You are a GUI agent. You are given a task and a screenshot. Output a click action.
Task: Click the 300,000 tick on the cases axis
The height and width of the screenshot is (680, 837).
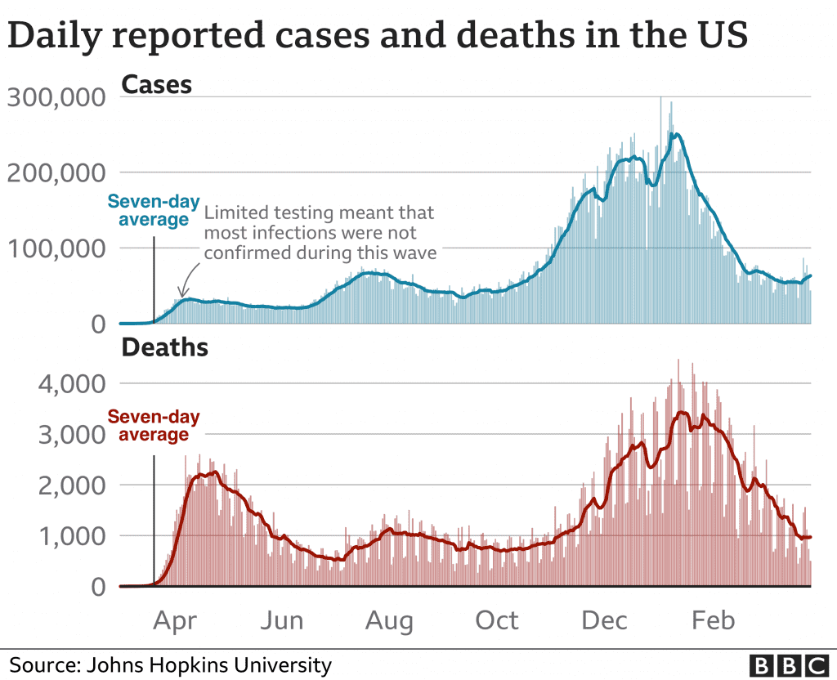[x=56, y=98]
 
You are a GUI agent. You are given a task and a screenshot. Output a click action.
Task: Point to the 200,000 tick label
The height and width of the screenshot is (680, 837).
[x=56, y=173]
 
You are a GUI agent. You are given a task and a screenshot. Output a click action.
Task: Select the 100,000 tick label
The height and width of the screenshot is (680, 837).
[x=56, y=248]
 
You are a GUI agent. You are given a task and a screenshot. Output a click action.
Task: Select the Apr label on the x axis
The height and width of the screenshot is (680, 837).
[x=175, y=620]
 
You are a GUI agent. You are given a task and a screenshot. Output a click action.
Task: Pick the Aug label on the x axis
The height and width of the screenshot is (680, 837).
[x=389, y=620]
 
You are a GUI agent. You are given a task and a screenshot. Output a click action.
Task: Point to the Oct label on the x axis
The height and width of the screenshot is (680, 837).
[x=496, y=620]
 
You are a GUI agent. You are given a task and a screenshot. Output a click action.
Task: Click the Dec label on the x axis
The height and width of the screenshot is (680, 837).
[x=604, y=620]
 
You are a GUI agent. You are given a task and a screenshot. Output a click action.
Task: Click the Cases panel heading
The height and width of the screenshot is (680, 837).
[x=156, y=84]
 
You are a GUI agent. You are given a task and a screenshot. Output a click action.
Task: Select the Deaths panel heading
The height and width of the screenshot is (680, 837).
[x=164, y=348]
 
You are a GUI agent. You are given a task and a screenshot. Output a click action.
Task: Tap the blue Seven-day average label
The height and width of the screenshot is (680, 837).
[x=154, y=210]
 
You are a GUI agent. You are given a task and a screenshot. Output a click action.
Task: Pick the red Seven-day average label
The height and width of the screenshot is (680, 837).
[x=154, y=426]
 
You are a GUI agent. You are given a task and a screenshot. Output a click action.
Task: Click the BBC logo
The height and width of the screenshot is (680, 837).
[x=789, y=664]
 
